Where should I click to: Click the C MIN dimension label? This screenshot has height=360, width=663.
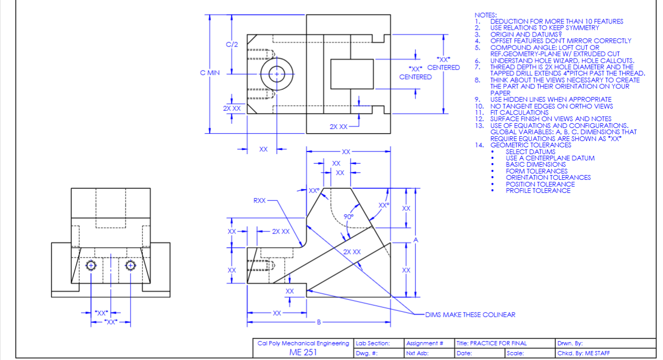pyautogui.click(x=210, y=73)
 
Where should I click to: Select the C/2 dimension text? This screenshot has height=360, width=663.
pyautogui.click(x=232, y=44)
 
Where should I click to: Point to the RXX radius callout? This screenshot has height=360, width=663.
pyautogui.click(x=260, y=200)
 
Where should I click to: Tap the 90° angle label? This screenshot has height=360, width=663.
pyautogui.click(x=348, y=216)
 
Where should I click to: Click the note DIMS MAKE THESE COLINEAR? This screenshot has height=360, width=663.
pyautogui.click(x=470, y=315)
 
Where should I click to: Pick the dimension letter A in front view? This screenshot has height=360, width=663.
pyautogui.click(x=416, y=240)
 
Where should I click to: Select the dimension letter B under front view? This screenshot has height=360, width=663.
pyautogui.click(x=318, y=321)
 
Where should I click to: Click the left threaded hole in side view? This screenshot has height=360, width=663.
pyautogui.click(x=91, y=265)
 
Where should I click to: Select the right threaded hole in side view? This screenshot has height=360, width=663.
pyautogui.click(x=130, y=265)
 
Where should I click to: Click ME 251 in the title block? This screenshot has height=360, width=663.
pyautogui.click(x=303, y=352)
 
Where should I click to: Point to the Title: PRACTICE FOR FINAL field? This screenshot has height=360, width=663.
pyautogui.click(x=491, y=343)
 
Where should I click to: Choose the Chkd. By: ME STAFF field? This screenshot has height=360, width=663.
pyautogui.click(x=584, y=353)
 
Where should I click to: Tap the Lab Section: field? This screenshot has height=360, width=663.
pyautogui.click(x=373, y=343)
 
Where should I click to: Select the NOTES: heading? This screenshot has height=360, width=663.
pyautogui.click(x=485, y=15)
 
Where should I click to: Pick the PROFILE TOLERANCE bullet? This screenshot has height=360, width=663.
pyautogui.click(x=538, y=191)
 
